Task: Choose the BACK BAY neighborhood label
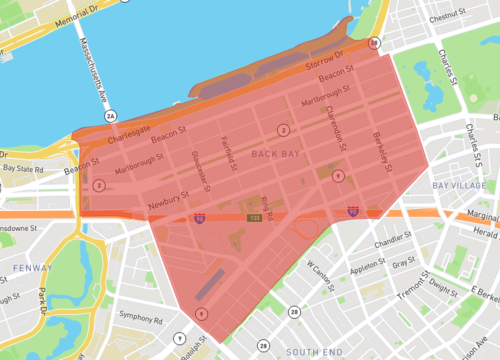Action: (x=275, y=154)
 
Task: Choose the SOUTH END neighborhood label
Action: (x=315, y=351)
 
